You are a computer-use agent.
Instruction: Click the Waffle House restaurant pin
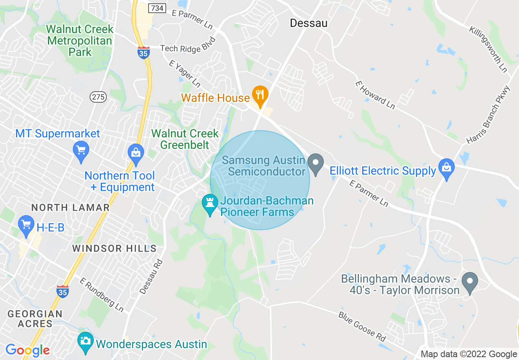(259, 94)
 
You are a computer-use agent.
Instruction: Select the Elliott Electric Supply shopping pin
(447, 168)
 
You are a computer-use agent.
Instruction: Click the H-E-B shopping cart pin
(27, 225)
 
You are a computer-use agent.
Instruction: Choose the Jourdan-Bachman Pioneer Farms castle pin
(210, 203)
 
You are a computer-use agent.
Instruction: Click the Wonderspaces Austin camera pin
(86, 342)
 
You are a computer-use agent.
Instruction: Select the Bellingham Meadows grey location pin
(470, 282)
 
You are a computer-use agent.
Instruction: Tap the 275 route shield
(98, 97)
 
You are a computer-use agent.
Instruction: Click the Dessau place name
(309, 23)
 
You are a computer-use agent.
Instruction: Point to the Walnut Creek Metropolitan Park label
(79, 41)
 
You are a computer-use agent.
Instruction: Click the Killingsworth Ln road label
(488, 49)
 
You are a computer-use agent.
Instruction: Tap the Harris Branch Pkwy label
(489, 115)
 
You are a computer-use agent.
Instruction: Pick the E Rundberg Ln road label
(102, 295)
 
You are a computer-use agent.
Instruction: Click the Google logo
(27, 350)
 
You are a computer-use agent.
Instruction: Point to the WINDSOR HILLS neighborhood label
(114, 248)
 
